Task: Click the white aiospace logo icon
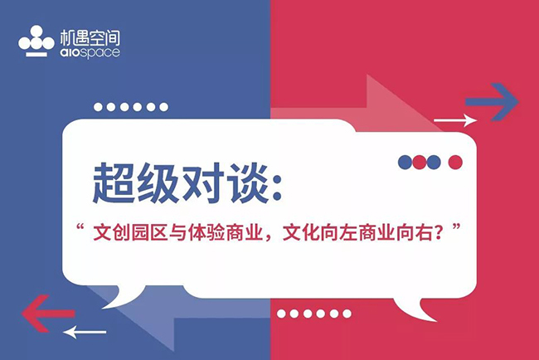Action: [36, 41]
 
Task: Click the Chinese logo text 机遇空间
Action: [90, 38]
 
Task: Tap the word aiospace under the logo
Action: [90, 52]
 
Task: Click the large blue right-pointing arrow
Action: [492, 102]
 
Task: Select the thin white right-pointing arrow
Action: [455, 120]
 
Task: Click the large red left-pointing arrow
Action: [48, 314]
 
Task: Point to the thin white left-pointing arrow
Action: [85, 332]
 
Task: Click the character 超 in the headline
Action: [113, 183]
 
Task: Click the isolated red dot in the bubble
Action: [455, 162]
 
